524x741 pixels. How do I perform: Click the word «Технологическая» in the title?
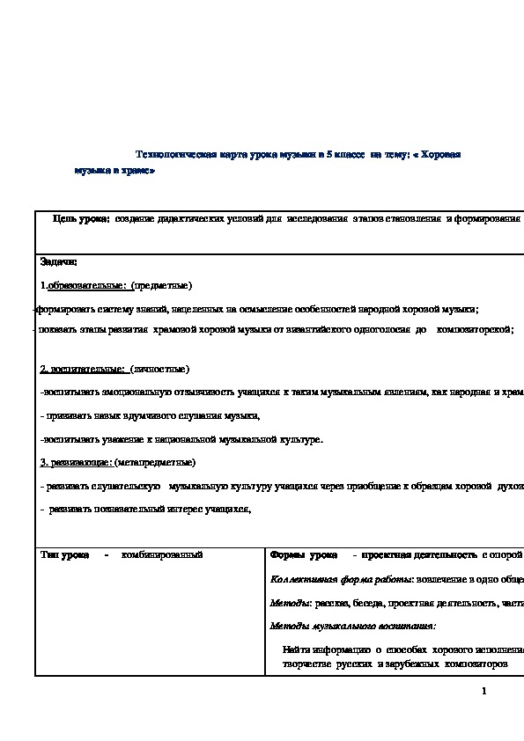[x=178, y=154]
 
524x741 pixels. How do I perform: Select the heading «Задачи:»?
[x=59, y=261]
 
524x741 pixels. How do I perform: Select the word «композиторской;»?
[x=475, y=328]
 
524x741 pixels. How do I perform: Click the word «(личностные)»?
[x=159, y=369]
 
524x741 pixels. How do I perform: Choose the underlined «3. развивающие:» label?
[x=76, y=461]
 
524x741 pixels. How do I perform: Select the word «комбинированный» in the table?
[x=162, y=554]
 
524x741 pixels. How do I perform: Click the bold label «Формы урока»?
[x=303, y=554]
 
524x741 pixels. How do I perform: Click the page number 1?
[x=483, y=691]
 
